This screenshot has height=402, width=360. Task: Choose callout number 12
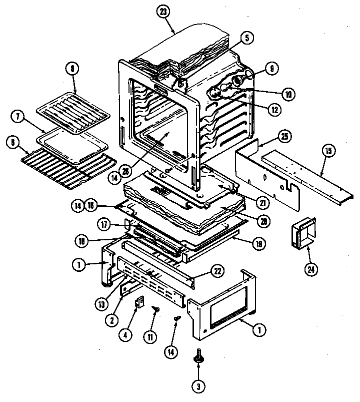(x=273, y=108)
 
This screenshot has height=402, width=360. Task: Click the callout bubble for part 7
(x=17, y=117)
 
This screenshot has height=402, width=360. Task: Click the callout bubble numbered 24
(x=310, y=269)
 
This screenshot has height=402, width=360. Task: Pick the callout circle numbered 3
(x=198, y=385)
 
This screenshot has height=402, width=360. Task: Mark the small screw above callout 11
(x=155, y=310)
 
